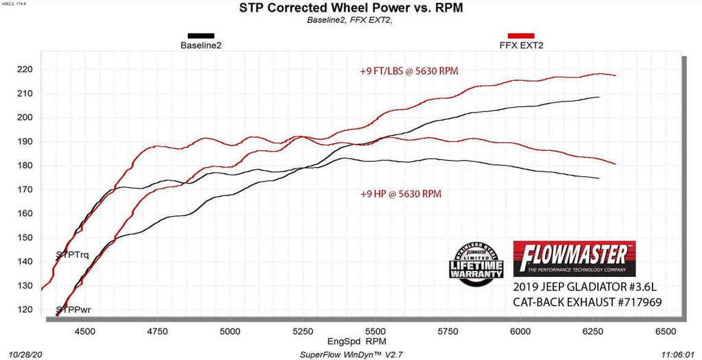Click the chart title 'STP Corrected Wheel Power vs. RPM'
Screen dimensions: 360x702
351,8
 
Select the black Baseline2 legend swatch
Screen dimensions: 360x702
201,36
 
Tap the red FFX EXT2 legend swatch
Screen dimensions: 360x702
521,36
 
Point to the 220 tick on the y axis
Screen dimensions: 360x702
26,69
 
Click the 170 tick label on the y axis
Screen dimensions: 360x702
26,189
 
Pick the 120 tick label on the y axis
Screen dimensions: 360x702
26,310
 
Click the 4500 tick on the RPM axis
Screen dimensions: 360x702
85,331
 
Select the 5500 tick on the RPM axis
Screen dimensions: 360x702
375,331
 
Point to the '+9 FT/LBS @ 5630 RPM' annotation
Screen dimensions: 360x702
409,71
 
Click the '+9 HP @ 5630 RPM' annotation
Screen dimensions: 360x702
400,194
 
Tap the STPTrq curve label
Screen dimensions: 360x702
72,255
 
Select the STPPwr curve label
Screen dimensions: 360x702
73,310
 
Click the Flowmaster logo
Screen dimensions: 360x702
574,256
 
